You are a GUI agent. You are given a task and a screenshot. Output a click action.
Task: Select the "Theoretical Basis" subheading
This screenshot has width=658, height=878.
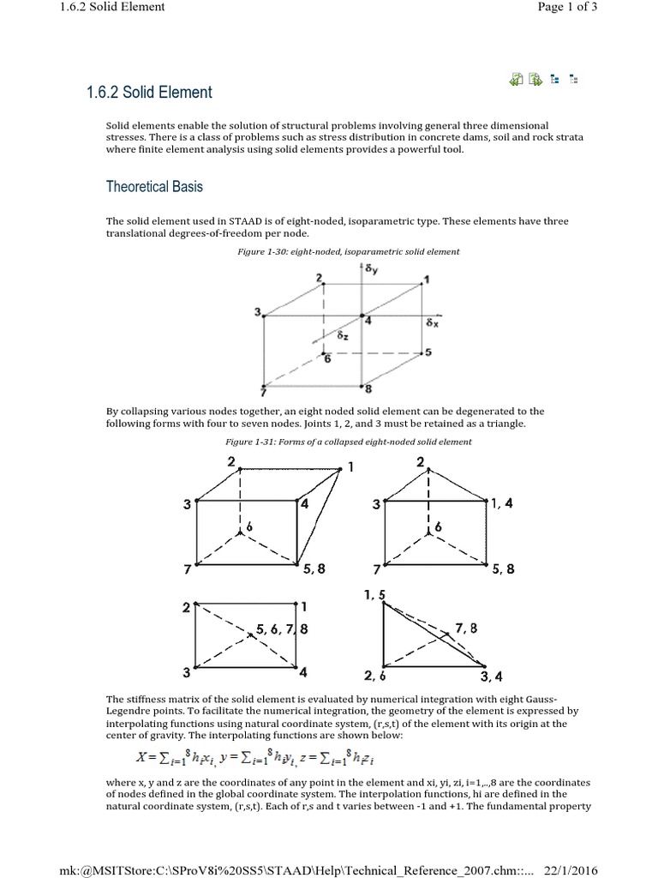pos(154,186)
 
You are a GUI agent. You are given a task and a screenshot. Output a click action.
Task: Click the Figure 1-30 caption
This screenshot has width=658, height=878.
pos(348,251)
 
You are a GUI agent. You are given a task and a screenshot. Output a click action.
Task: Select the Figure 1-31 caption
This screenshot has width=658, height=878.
pos(348,442)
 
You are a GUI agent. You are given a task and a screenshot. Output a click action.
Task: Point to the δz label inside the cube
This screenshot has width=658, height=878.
pos(342,336)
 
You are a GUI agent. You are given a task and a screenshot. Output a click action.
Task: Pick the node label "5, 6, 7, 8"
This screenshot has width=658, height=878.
pos(282,629)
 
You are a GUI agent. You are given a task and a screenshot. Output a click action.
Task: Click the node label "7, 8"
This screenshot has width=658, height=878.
pos(467,628)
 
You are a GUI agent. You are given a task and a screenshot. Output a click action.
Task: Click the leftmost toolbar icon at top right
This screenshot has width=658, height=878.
pos(516,80)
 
